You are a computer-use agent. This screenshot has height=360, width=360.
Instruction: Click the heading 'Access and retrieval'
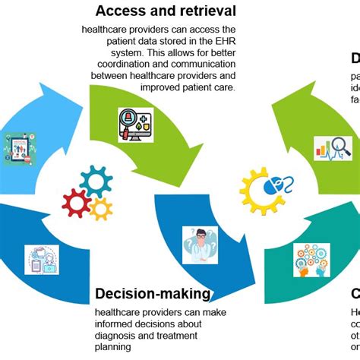(165, 11)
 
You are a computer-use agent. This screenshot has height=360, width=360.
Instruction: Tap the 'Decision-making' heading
(152, 295)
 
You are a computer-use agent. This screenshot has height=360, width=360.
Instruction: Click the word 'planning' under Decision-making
(113, 346)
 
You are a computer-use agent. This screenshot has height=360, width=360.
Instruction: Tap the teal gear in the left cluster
(96, 182)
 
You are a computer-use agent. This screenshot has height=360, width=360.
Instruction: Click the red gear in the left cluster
(76, 203)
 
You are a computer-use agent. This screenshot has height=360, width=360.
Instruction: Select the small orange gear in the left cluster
(100, 209)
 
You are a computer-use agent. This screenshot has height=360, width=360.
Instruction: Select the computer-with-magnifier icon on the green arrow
(135, 125)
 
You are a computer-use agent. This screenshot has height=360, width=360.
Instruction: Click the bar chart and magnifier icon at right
(333, 147)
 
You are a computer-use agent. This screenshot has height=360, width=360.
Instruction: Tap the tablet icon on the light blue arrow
(20, 149)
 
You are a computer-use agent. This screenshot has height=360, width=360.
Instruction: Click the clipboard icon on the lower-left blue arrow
(41, 260)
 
